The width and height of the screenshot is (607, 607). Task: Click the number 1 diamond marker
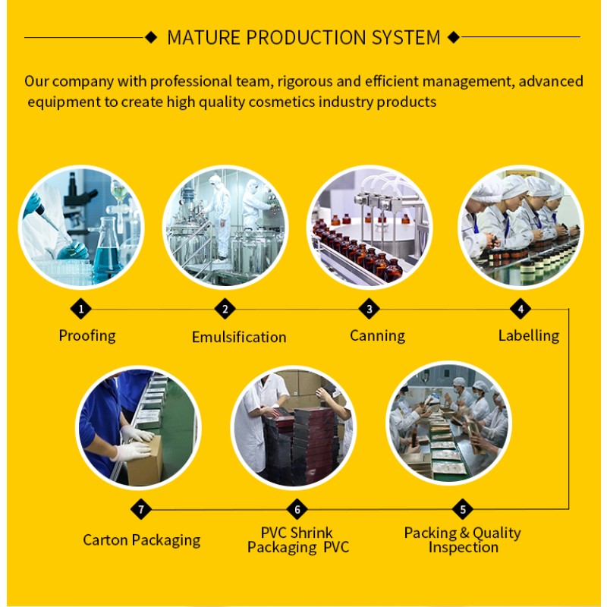click(81, 308)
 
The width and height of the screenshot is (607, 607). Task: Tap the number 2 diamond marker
click(225, 308)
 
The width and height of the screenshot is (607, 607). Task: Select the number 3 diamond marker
click(370, 308)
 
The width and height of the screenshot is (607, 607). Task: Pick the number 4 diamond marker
click(521, 308)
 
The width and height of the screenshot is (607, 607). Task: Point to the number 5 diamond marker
click(463, 509)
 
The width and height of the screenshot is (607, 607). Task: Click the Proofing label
click(87, 335)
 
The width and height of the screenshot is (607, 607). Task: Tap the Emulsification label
click(239, 337)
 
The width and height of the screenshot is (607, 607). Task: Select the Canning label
click(377, 335)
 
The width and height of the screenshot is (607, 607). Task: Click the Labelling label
click(529, 335)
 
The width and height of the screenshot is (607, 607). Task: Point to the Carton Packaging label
click(142, 540)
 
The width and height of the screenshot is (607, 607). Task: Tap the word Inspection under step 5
click(463, 547)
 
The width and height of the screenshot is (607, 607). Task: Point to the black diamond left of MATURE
click(151, 36)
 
